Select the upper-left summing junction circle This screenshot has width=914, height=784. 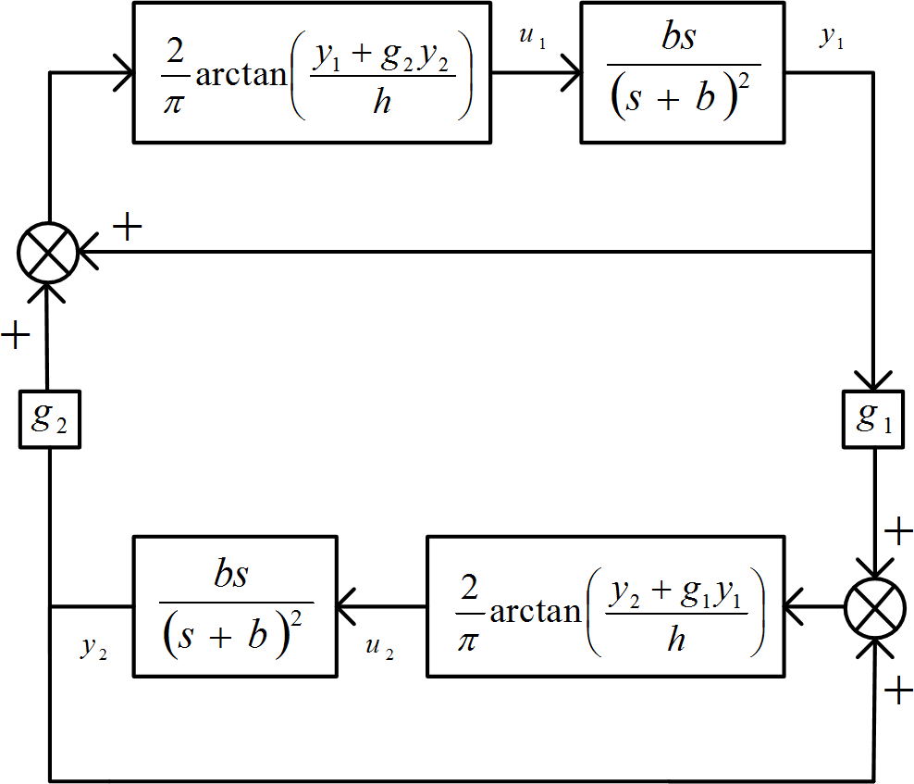tap(48, 252)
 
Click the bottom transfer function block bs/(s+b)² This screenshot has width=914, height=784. tap(235, 605)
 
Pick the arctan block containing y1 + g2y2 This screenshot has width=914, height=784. tap(312, 72)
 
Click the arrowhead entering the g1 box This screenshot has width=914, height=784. tap(874, 380)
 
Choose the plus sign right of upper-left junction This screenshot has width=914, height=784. tap(127, 228)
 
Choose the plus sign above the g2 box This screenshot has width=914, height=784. tap(16, 334)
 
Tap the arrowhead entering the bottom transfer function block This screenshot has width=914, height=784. tap(346, 608)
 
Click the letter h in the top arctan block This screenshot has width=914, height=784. tap(382, 102)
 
